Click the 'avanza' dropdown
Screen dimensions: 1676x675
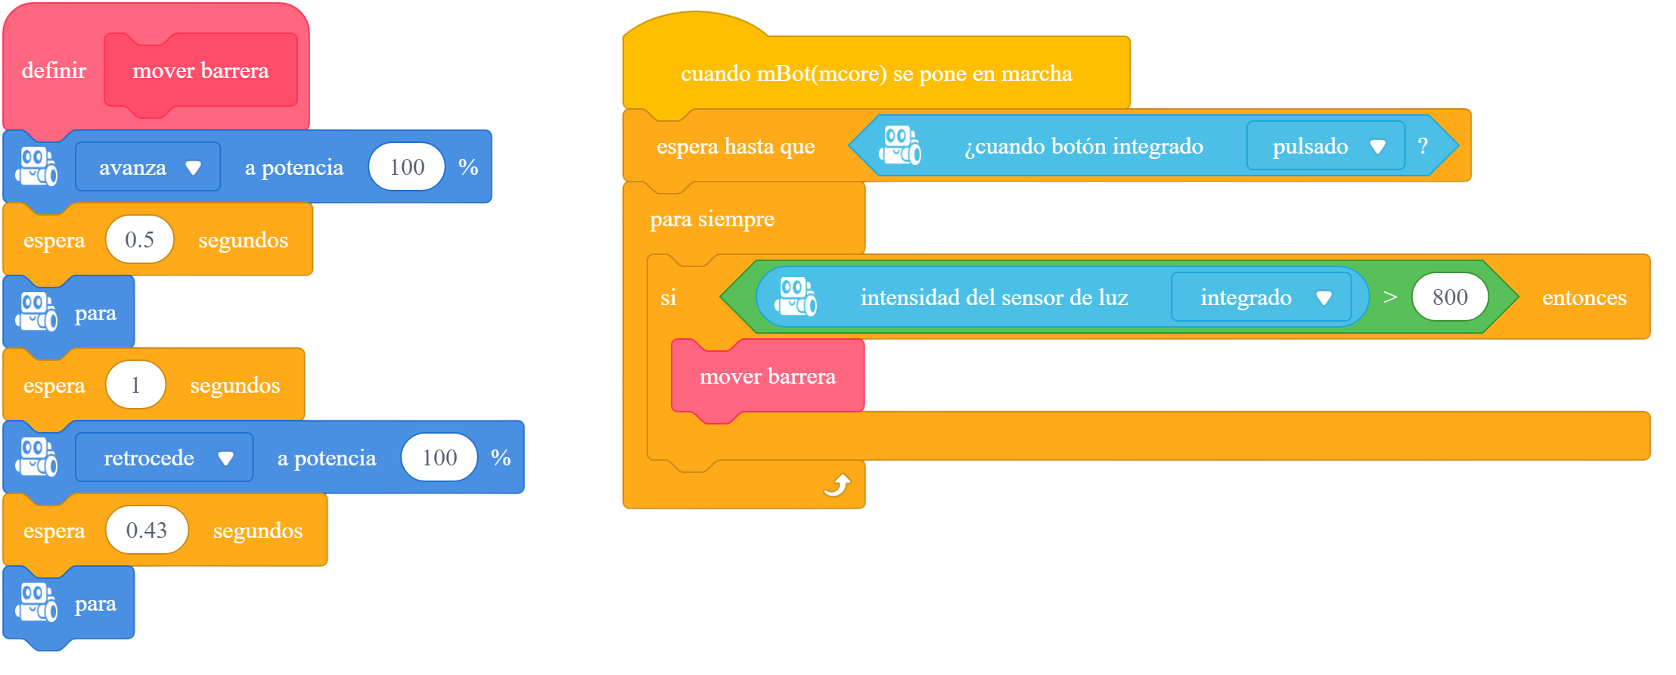148,166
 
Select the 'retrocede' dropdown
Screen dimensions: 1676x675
164,457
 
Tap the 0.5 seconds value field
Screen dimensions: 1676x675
140,239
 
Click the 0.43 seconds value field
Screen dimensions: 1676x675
147,530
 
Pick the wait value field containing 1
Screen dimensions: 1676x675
136,384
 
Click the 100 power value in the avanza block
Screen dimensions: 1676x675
407,166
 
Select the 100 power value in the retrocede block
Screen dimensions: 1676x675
439,457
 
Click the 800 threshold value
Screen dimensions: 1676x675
1450,297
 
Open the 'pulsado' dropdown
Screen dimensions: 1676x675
1326,145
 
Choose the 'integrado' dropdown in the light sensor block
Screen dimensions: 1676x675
1262,297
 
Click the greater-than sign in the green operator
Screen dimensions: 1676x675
1390,297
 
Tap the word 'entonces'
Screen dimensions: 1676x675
1584,297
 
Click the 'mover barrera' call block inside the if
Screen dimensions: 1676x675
768,376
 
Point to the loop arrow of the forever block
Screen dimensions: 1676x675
837,484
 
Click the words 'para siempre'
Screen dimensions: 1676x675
712,219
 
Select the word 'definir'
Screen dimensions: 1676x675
54,70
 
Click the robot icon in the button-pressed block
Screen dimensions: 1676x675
900,145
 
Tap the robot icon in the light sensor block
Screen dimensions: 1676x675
796,297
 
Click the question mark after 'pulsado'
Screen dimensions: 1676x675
1423,145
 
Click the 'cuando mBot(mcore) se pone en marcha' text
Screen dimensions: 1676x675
876,73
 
